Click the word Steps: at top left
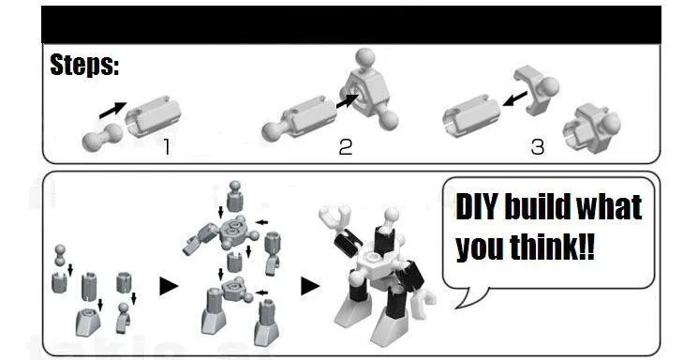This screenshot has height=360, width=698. pyautogui.click(x=84, y=65)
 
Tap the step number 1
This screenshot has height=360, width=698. pyautogui.click(x=167, y=147)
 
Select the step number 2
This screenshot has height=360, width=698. pyautogui.click(x=346, y=147)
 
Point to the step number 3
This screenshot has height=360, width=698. pyautogui.click(x=538, y=147)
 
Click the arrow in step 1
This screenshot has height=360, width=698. pyautogui.click(x=112, y=110)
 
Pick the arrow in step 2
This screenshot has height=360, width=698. pyautogui.click(x=348, y=100)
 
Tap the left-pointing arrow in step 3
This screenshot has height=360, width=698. pyautogui.click(x=514, y=99)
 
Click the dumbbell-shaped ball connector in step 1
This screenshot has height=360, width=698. pyautogui.click(x=102, y=137)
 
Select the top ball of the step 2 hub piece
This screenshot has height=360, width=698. pyautogui.click(x=365, y=58)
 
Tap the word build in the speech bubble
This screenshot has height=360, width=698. pyautogui.click(x=536, y=207)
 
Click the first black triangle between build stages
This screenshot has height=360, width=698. pyautogui.click(x=169, y=286)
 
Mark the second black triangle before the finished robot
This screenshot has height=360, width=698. pyautogui.click(x=310, y=286)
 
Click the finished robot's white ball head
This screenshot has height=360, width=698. pyautogui.click(x=392, y=215)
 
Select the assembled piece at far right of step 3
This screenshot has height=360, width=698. pyautogui.click(x=591, y=128)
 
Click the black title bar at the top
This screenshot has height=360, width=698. pyautogui.click(x=351, y=24)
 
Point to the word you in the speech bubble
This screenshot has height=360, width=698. pyautogui.click(x=479, y=248)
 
